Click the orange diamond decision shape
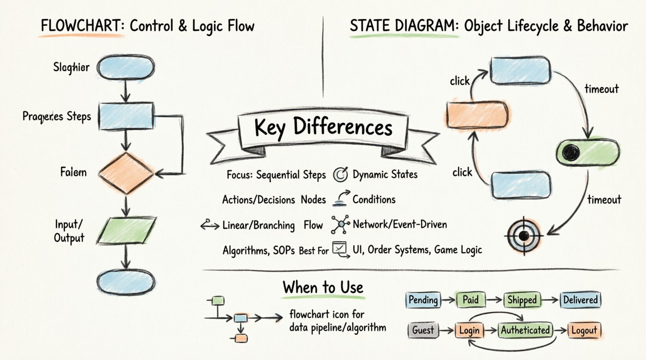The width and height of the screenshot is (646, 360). [126, 173]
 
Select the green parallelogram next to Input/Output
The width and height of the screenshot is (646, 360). [127, 230]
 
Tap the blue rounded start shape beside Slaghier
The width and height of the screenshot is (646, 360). [125, 67]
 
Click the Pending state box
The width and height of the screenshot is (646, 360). [423, 300]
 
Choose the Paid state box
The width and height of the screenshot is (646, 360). [471, 300]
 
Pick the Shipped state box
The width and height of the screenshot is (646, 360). [522, 300]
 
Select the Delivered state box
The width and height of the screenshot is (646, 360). [580, 300]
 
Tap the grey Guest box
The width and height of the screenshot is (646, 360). [423, 330]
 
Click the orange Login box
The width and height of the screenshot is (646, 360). [469, 331]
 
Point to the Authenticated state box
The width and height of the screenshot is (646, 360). [525, 330]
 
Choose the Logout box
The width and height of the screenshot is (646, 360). [584, 331]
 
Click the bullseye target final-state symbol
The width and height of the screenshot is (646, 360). [524, 235]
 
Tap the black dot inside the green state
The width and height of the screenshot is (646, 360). [571, 153]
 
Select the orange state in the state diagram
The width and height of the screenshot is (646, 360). [477, 115]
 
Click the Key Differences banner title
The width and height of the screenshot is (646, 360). [323, 127]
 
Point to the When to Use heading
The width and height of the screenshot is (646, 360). [323, 287]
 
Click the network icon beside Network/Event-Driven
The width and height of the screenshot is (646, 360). [340, 225]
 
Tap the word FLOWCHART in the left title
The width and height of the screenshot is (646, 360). [81, 26]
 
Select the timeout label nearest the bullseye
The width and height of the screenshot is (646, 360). [604, 200]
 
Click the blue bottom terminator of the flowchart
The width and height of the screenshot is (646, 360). [126, 282]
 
